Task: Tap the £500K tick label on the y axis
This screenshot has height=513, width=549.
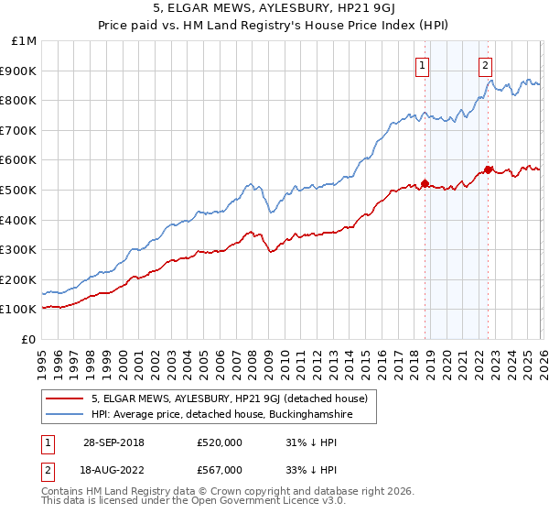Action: click(x=18, y=190)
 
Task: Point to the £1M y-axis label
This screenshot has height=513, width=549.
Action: click(x=24, y=40)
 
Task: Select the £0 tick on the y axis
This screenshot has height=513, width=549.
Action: click(x=28, y=339)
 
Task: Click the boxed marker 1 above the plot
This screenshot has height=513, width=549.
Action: click(x=423, y=65)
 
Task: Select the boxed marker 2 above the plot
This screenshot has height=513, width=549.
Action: click(x=485, y=65)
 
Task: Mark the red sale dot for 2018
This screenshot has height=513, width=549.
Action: click(x=425, y=183)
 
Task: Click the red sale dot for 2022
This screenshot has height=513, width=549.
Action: click(x=488, y=169)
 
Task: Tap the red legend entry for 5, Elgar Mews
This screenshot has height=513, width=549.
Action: click(x=229, y=398)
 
